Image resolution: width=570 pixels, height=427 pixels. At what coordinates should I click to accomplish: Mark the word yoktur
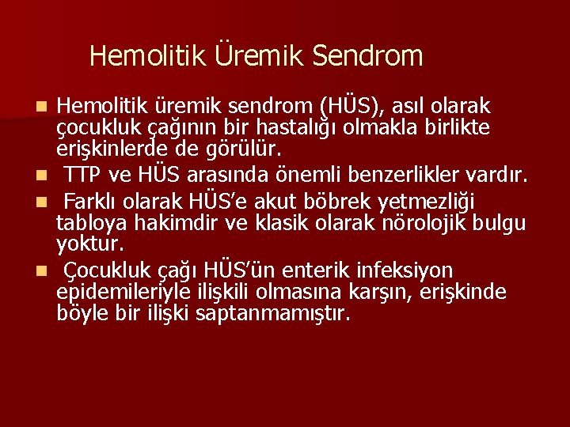[x=89, y=245]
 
